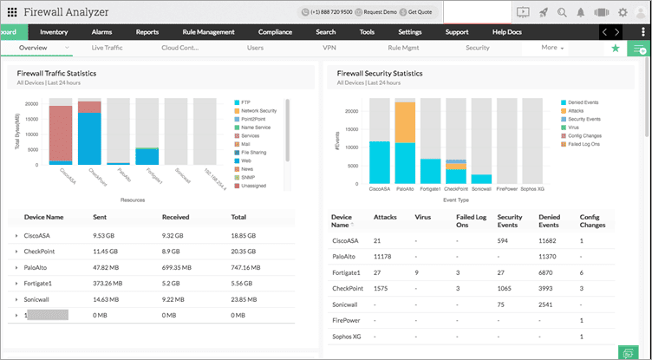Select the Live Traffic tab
tap(108, 48)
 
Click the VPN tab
tap(329, 48)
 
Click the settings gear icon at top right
tap(623, 13)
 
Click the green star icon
tap(616, 49)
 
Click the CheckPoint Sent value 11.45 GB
tap(107, 250)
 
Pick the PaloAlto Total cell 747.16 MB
tap(251, 269)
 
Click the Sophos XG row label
tap(346, 335)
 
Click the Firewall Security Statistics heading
tap(386, 74)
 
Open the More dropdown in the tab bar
tap(552, 48)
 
